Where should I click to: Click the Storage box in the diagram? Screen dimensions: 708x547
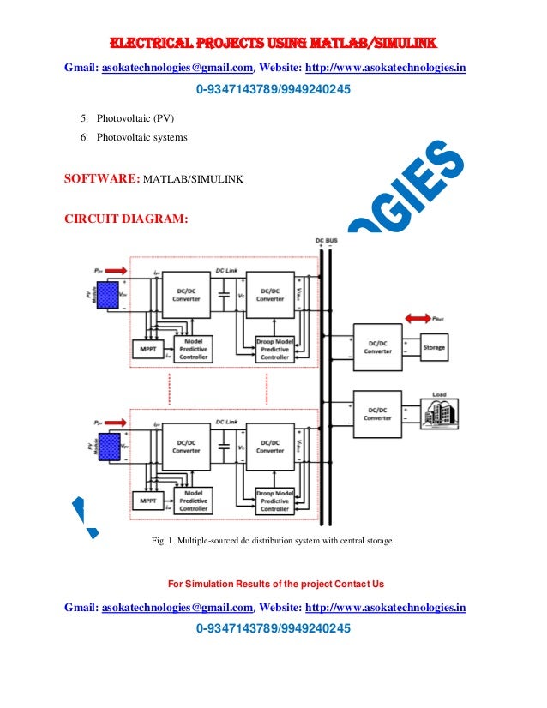pos(434,347)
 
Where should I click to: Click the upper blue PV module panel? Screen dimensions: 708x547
pos(106,296)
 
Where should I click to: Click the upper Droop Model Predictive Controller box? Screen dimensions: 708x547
pos(274,348)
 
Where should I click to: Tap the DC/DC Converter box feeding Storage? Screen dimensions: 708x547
pos(377,345)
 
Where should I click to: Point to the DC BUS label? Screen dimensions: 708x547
pos(326,240)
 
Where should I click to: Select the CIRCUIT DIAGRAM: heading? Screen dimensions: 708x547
pos(125,219)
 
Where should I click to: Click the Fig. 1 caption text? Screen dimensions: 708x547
pos(273,540)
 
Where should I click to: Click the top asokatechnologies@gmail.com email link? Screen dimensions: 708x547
pos(177,68)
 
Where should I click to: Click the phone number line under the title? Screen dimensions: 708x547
pos(273,90)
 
